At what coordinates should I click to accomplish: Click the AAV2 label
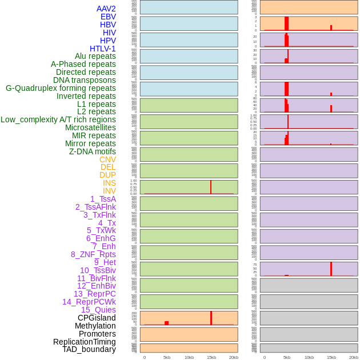click(106, 9)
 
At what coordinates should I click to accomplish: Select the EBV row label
click(108, 17)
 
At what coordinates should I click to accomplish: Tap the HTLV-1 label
click(102, 49)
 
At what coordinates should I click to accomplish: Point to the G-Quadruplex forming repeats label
click(61, 88)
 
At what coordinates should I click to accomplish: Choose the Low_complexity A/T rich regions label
click(58, 119)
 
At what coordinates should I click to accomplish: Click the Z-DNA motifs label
click(92, 151)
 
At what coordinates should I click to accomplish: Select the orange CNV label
click(107, 159)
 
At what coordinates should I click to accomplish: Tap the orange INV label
click(109, 191)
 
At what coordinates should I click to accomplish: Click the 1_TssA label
click(103, 199)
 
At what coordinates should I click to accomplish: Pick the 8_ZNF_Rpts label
click(93, 254)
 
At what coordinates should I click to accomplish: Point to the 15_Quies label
click(98, 310)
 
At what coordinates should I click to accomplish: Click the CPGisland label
click(97, 318)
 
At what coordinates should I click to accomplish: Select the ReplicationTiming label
click(84, 342)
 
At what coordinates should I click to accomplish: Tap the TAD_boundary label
click(89, 349)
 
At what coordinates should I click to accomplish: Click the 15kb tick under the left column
click(211, 357)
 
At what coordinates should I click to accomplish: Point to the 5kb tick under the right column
click(287, 357)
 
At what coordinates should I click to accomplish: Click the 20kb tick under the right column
click(354, 357)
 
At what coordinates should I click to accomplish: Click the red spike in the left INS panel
click(211, 187)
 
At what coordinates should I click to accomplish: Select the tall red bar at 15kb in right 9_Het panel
click(331, 269)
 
